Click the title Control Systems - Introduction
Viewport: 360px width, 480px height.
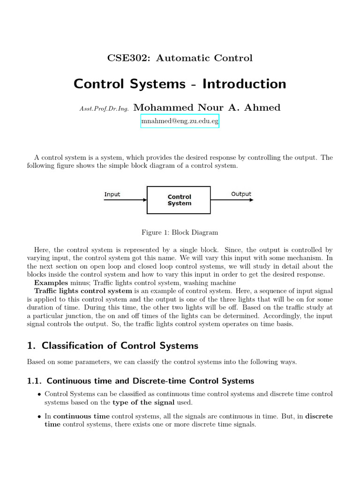pyautogui.click(x=180, y=84)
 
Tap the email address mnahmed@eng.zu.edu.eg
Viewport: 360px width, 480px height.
pyautogui.click(x=180, y=121)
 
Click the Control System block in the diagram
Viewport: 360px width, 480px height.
pyautogui.click(x=179, y=200)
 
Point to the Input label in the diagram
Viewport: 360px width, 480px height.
pyautogui.click(x=112, y=194)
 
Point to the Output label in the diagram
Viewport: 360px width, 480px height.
pyautogui.click(x=241, y=194)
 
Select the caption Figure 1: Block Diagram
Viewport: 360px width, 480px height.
pyautogui.click(x=180, y=232)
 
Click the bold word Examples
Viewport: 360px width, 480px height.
pyautogui.click(x=51, y=283)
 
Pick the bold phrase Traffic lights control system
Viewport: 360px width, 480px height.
pyautogui.click(x=83, y=291)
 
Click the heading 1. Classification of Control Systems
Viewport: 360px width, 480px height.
pyautogui.click(x=112, y=346)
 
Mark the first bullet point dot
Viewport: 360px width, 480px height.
pyautogui.click(x=39, y=394)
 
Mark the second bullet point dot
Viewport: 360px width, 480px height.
pyautogui.click(x=39, y=417)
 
